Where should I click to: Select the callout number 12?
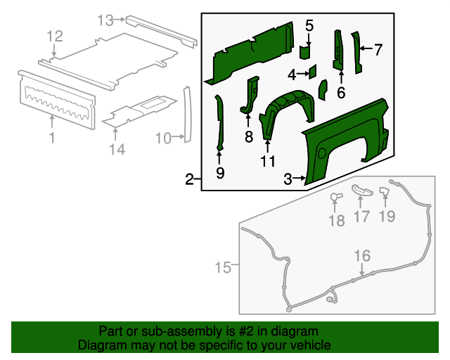coord(55,36)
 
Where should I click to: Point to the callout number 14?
coord(117,148)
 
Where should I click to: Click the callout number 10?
coord(162,138)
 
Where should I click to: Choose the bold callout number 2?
coord(189,179)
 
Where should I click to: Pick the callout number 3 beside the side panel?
coord(288,180)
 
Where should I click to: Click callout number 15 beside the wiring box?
coord(222,266)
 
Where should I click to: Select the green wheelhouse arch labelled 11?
coord(285,108)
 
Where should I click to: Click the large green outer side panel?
coord(348,141)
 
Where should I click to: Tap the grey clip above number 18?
coord(335,197)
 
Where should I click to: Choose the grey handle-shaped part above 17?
coord(360,190)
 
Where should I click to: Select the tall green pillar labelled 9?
coord(219,123)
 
